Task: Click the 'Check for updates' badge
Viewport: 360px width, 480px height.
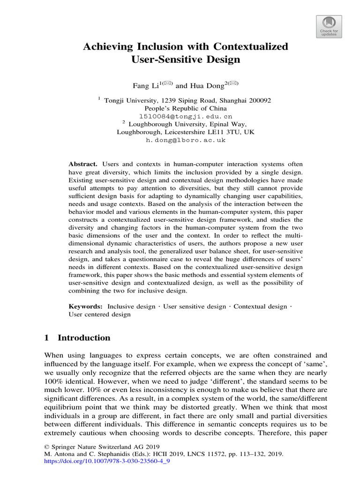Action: (x=329, y=25)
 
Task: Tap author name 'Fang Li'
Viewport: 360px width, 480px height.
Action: (x=143, y=86)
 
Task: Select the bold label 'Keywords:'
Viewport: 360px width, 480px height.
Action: (x=86, y=307)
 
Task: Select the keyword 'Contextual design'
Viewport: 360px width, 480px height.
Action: (x=260, y=307)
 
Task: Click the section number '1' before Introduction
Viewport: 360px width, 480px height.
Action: (x=46, y=338)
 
